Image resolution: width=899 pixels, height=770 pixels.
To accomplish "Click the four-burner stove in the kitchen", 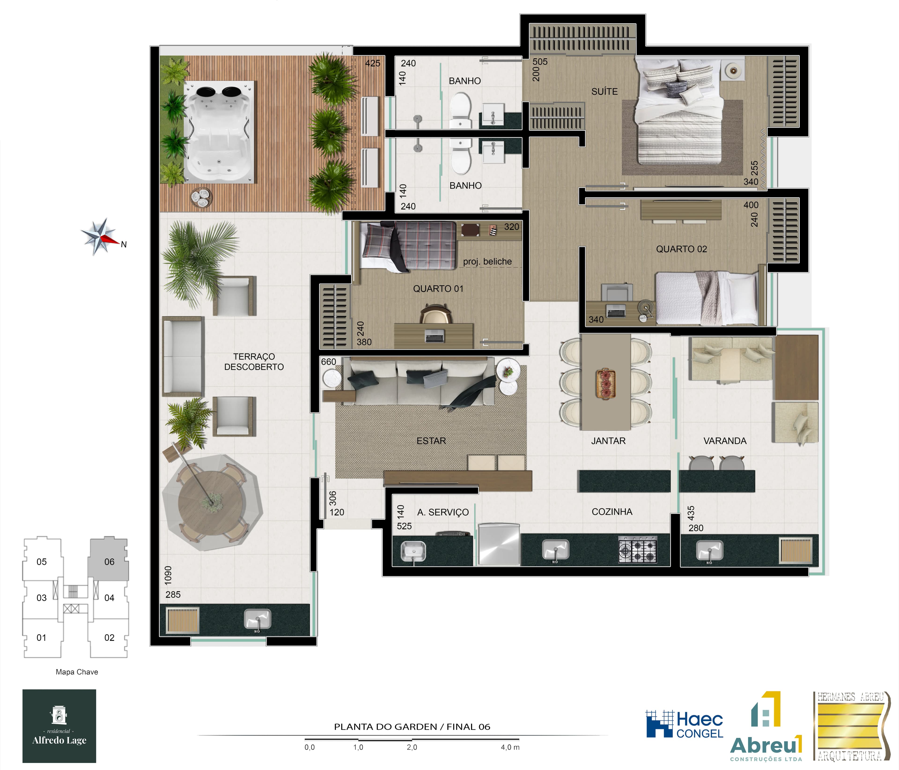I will [637, 550].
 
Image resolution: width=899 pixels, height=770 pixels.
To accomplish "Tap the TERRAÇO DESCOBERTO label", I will [254, 362].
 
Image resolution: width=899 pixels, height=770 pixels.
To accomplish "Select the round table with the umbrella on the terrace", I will [212, 503].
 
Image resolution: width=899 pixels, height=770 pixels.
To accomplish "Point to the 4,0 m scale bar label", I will [510, 747].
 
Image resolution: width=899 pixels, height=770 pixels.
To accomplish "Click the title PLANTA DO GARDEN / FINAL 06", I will [412, 727].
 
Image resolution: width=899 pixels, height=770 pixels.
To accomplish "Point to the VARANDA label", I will [725, 441].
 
